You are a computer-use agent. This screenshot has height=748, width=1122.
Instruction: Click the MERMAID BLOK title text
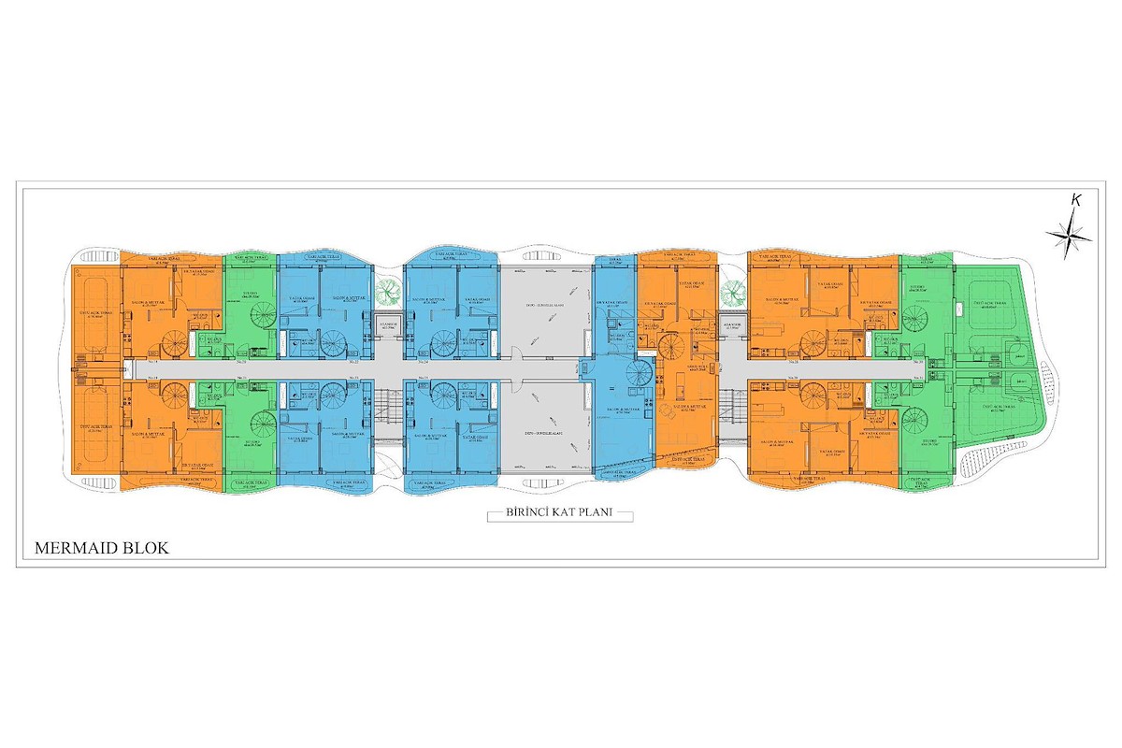click(x=101, y=548)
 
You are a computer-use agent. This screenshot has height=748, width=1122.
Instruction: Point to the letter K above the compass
click(x=1077, y=199)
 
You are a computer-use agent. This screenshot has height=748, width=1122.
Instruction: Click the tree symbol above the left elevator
click(x=385, y=292)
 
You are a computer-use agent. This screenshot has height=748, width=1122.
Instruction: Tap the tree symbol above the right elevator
click(x=731, y=292)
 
